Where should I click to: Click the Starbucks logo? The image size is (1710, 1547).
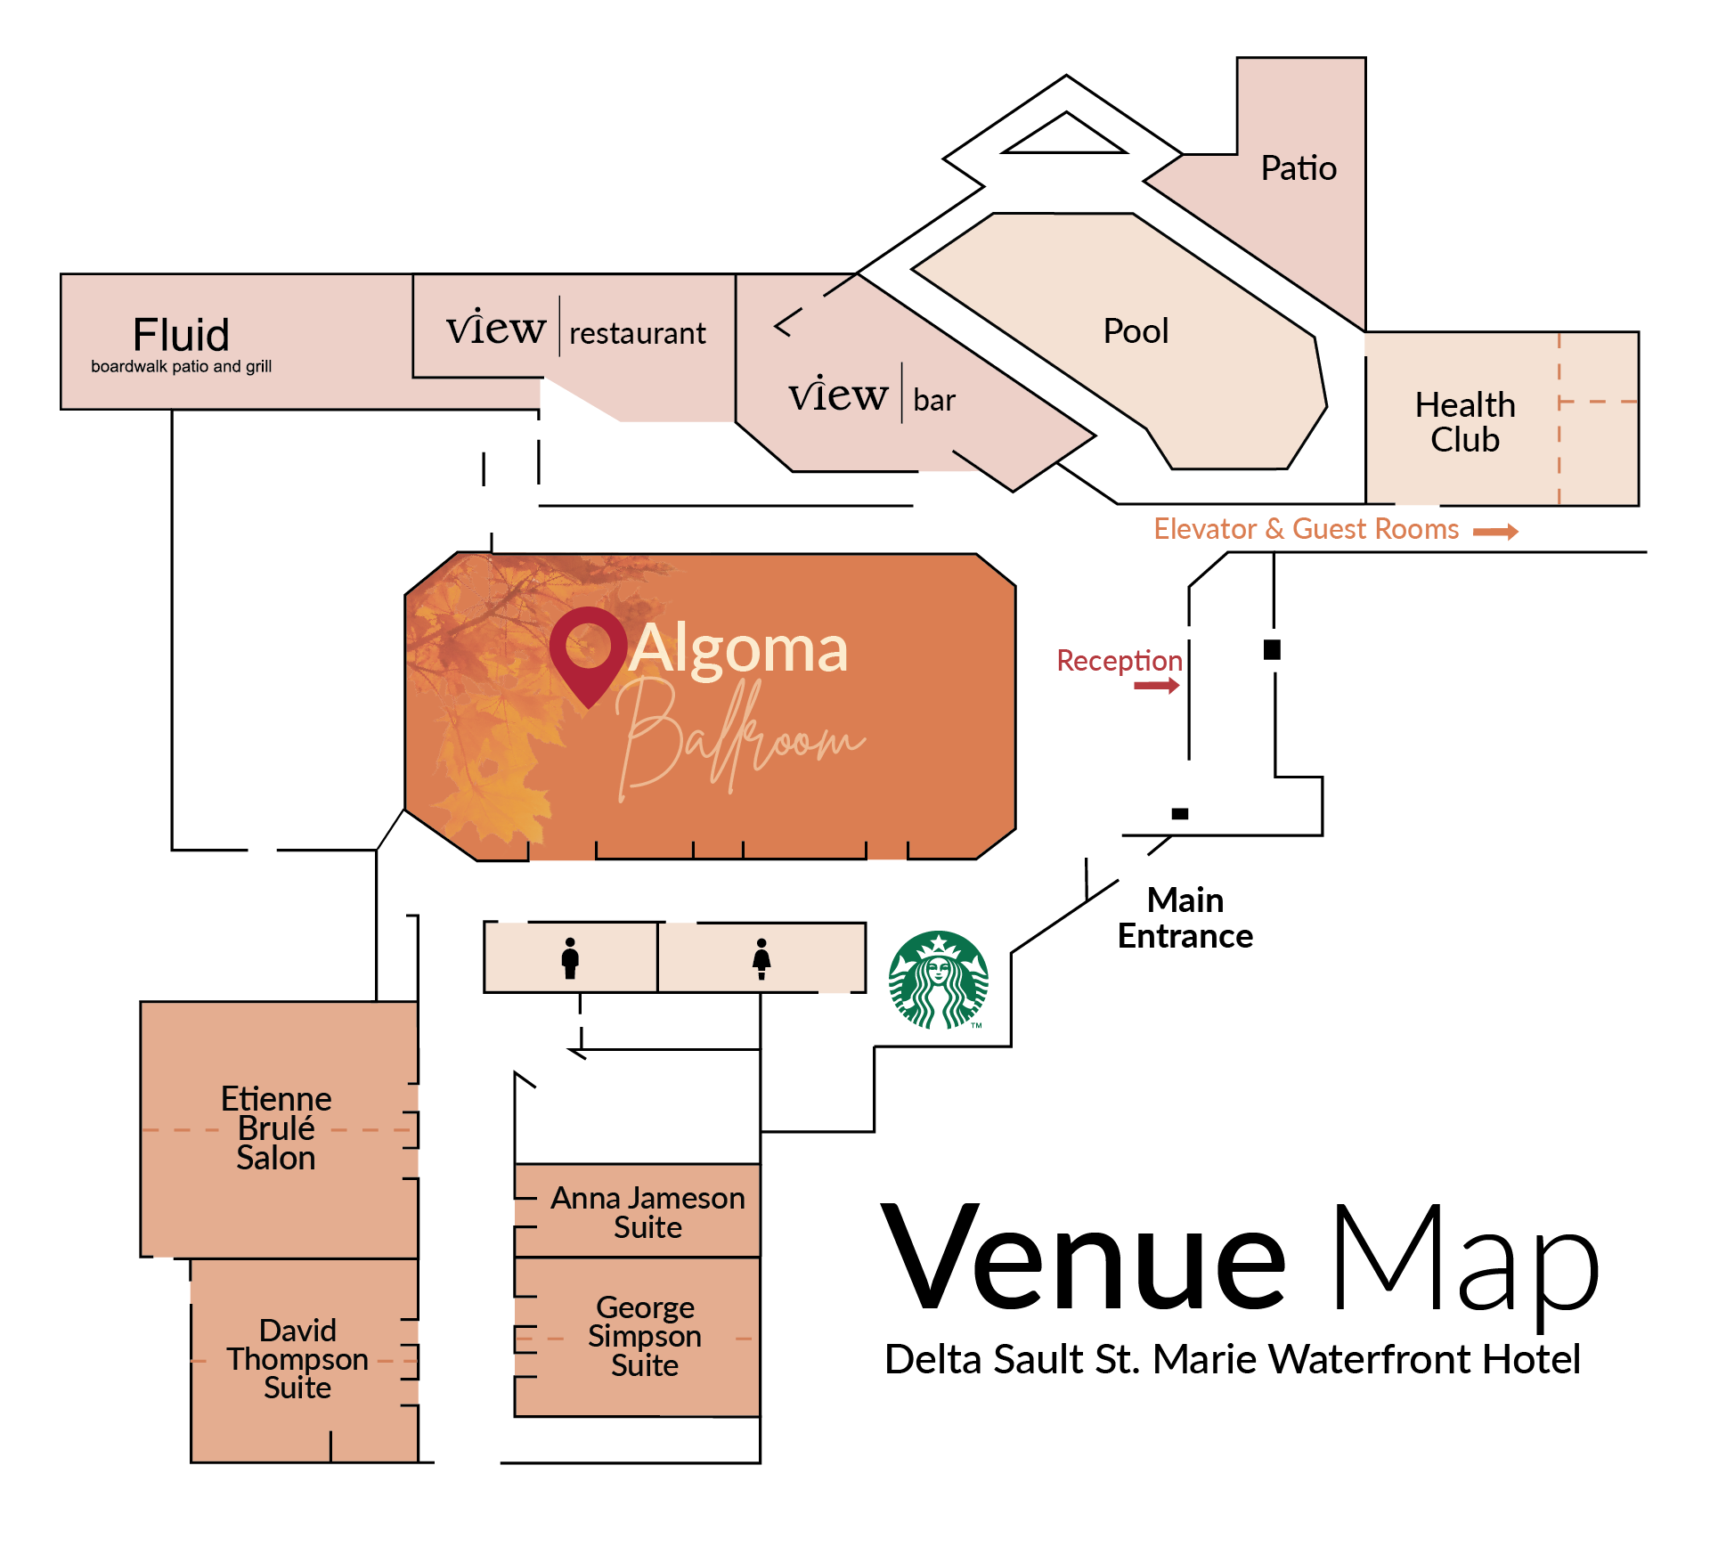point(939,981)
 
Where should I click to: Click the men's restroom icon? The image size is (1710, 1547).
point(570,958)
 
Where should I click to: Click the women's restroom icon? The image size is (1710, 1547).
point(761,958)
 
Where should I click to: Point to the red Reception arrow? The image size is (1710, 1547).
point(1156,685)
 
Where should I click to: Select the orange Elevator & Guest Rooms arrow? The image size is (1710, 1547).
point(1495,532)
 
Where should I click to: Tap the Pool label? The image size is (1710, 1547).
point(1136,331)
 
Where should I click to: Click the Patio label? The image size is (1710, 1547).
point(1299,168)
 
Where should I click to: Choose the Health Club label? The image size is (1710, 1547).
point(1465,422)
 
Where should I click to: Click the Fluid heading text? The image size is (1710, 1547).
point(181,336)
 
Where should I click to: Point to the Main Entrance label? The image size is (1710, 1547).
point(1185,918)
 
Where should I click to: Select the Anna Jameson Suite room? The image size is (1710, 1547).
point(647,1212)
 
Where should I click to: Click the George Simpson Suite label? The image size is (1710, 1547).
point(645,1336)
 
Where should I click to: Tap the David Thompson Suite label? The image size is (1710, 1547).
point(297,1359)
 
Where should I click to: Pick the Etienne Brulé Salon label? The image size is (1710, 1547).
point(276,1128)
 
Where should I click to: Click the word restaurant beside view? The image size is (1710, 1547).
point(638,333)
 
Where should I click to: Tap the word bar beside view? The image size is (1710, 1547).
point(934,401)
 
